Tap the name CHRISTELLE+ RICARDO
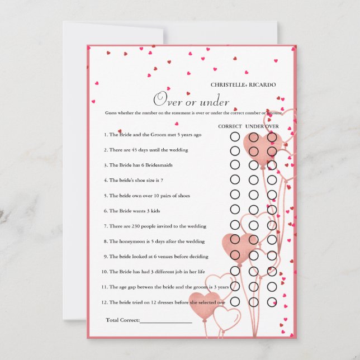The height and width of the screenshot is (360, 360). (243, 85)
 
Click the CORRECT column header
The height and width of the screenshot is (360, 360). (230, 126)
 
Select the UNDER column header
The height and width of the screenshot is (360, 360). (254, 126)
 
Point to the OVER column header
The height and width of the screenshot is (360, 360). (272, 126)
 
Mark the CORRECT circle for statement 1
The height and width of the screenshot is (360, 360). (235, 136)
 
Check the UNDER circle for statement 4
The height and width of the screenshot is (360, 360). (253, 179)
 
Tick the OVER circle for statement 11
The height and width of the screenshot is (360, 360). (272, 286)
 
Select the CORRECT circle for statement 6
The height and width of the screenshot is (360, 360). (235, 210)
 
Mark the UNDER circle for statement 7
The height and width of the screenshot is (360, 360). (253, 225)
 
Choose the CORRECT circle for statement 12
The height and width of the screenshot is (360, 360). (235, 302)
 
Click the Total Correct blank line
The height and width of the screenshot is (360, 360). (165, 321)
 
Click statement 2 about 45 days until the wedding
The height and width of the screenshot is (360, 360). (145, 150)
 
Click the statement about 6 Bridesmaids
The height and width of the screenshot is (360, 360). (137, 165)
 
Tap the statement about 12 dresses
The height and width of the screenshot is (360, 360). (163, 302)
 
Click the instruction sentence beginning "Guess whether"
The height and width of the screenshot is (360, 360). (193, 113)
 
